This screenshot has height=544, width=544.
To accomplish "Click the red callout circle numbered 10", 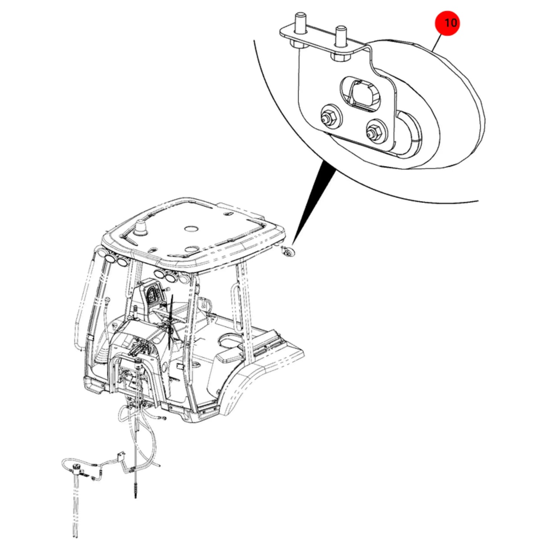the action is pos(447,23).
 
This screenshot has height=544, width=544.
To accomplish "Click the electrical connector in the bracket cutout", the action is pos(363,94).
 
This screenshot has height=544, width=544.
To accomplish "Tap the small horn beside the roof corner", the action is pos(288,251).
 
